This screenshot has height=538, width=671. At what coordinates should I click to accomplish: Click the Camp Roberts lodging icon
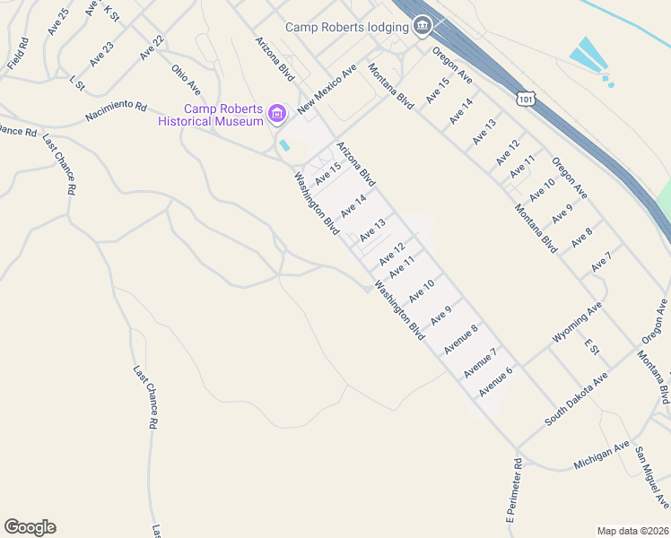(x=423, y=27)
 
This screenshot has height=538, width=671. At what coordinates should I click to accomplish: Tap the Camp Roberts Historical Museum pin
(x=277, y=114)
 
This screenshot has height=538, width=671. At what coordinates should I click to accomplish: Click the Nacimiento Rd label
(x=116, y=111)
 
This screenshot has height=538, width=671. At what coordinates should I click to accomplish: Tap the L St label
(x=76, y=83)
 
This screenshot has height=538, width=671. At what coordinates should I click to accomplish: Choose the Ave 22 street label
(x=152, y=48)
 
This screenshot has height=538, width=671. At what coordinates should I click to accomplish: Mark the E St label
(x=590, y=345)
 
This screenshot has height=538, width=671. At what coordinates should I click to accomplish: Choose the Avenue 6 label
(x=495, y=381)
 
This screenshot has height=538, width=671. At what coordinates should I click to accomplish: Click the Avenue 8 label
(x=460, y=340)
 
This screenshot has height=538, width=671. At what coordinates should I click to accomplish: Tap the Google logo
(x=30, y=527)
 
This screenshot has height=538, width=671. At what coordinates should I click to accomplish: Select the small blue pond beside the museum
(x=285, y=145)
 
